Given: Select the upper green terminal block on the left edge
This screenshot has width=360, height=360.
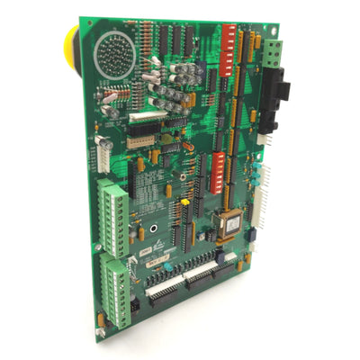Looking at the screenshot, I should [112, 207].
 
